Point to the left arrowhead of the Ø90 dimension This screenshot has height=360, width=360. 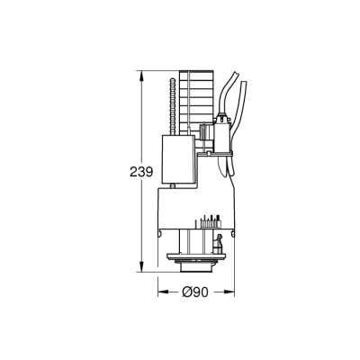coord(162,292)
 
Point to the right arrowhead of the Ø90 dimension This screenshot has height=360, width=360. coord(232,292)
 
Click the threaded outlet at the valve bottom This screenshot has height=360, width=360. coord(197,268)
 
